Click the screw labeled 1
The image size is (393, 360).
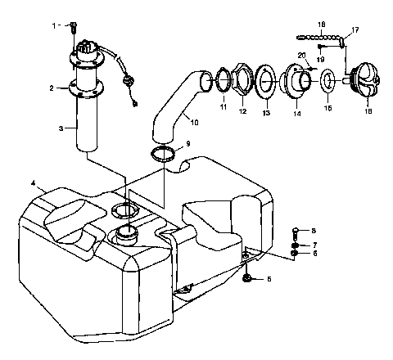73,26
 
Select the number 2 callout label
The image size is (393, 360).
52,88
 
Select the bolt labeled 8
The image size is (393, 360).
296,232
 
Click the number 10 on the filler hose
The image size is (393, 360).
194,123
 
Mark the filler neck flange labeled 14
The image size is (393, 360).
296,82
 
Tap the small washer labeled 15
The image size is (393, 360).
327,82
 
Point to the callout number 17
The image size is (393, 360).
355,31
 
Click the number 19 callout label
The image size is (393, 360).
322,60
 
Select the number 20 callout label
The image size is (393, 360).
301,55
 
